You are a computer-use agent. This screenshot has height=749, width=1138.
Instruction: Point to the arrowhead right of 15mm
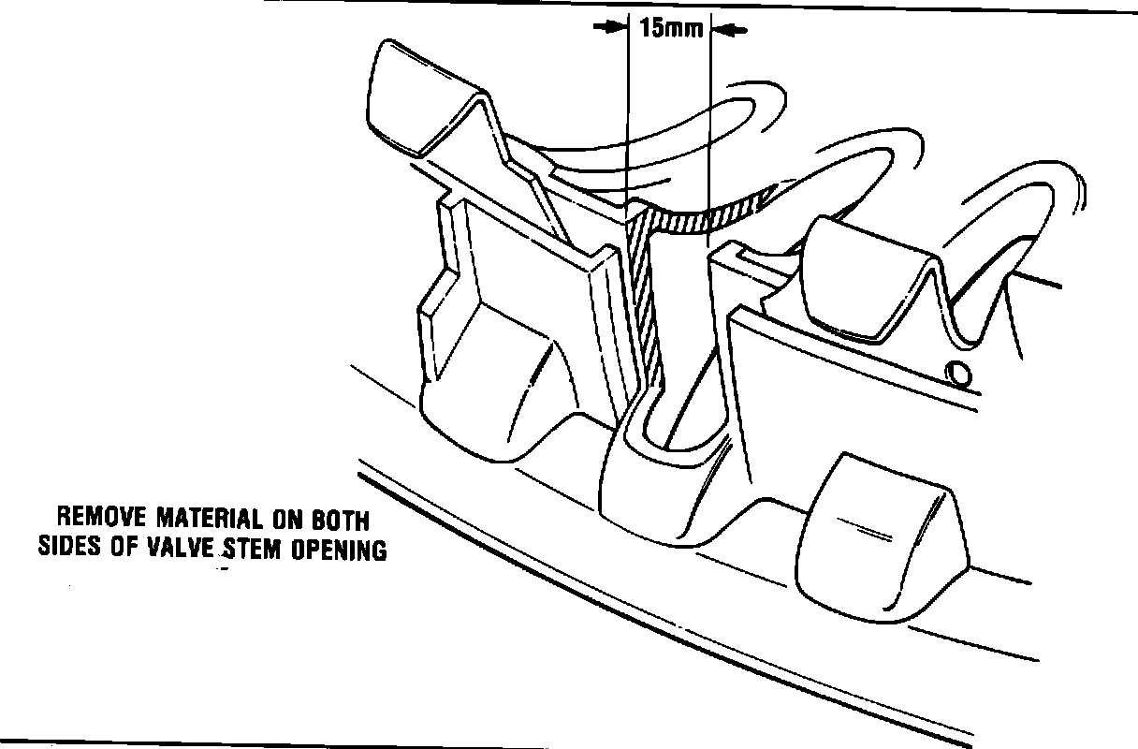[x=725, y=31]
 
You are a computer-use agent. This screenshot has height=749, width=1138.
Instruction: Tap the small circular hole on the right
[x=957, y=373]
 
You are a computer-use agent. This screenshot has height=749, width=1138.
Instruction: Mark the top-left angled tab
[x=412, y=94]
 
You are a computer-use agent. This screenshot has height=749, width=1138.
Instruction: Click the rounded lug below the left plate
[x=496, y=403]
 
